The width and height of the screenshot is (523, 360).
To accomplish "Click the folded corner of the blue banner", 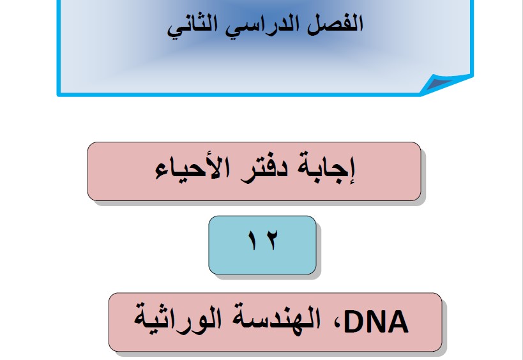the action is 445,84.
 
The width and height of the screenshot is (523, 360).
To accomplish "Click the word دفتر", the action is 264,169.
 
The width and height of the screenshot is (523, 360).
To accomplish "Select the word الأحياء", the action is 192,168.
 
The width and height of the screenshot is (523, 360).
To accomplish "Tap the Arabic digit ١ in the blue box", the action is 253,240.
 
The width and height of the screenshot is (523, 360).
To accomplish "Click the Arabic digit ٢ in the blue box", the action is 272,240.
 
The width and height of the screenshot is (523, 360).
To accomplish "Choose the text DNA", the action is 376,322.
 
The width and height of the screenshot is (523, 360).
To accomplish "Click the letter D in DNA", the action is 354,322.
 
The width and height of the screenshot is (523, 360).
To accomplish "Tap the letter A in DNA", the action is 398,322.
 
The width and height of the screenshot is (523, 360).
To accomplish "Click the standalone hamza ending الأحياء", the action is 162,174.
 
